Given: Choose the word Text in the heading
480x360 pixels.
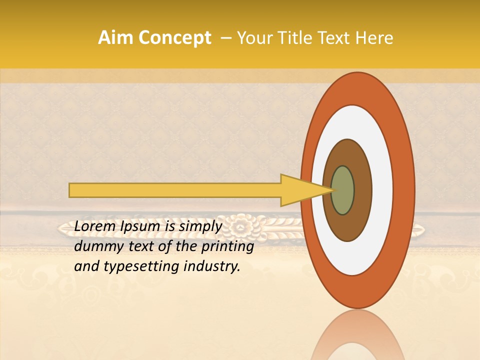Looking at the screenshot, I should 339,38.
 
